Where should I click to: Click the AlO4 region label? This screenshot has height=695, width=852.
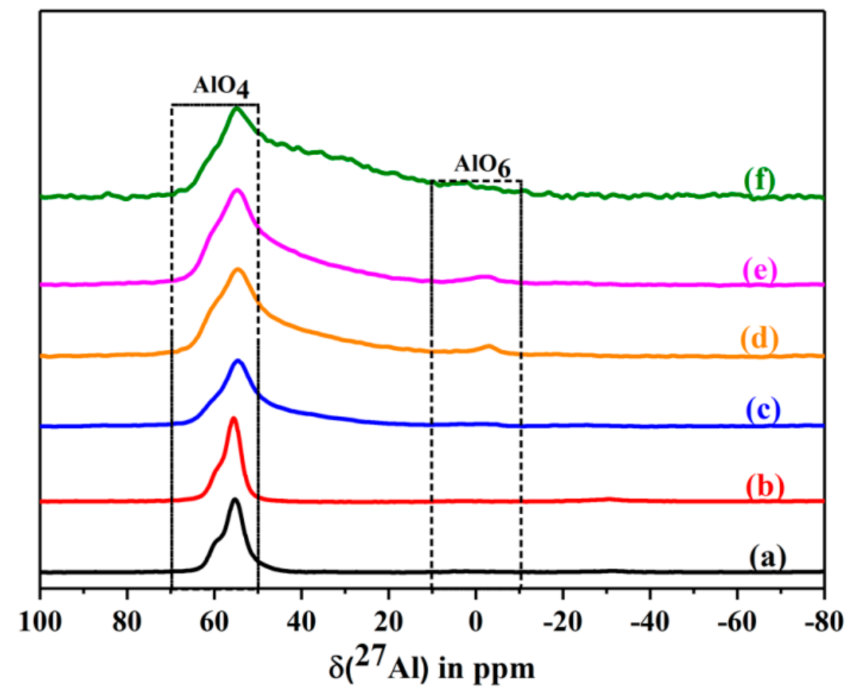tap(221, 87)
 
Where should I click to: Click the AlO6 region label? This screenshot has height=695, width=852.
tap(482, 165)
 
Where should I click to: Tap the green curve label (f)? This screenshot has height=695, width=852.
tap(759, 180)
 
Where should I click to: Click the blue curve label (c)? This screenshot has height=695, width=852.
tap(763, 409)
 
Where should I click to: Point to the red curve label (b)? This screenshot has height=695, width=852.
tap(765, 485)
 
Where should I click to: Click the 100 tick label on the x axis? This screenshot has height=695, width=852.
tap(40, 622)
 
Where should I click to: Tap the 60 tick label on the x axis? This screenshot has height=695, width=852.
tap(214, 622)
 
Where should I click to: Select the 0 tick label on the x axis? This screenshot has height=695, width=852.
tap(475, 622)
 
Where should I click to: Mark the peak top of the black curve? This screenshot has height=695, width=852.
tap(235, 500)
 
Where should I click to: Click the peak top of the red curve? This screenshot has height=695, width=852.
tap(234, 418)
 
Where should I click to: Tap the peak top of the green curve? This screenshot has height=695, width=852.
tap(236, 108)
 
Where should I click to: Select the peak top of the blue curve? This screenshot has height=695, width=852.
tap(238, 361)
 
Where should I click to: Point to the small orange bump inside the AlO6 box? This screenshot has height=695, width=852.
tap(489, 346)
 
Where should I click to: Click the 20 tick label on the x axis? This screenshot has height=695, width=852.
tap(388, 622)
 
